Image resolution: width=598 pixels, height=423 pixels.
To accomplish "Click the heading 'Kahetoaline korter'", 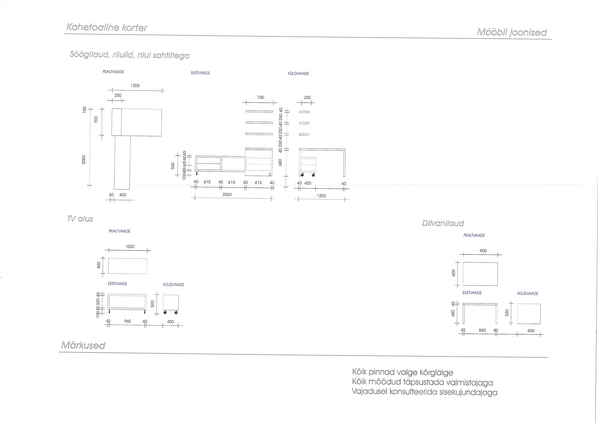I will (107, 27).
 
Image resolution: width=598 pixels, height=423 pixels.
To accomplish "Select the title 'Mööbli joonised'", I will (512, 32).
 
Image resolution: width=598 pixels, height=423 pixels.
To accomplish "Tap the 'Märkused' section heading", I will (83, 345).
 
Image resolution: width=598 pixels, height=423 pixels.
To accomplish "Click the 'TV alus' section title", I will (80, 219).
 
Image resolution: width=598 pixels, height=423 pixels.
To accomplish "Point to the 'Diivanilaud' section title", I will (443, 223).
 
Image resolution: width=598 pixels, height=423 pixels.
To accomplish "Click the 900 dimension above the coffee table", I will (483, 251).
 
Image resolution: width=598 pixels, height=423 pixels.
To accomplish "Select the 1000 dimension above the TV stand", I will (130, 247).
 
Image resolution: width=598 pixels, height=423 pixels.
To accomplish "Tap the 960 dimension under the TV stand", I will (127, 321).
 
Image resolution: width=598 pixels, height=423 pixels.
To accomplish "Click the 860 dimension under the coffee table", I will (482, 330).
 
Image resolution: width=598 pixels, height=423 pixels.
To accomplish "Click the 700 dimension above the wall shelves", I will (260, 97).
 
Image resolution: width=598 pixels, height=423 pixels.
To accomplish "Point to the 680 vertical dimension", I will (280, 163).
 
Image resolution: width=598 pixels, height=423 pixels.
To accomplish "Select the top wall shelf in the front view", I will (259, 112).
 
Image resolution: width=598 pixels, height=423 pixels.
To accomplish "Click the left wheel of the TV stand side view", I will (165, 312).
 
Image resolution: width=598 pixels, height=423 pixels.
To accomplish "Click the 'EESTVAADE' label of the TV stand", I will (117, 284).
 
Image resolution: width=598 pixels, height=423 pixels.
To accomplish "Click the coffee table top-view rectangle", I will (480, 274).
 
